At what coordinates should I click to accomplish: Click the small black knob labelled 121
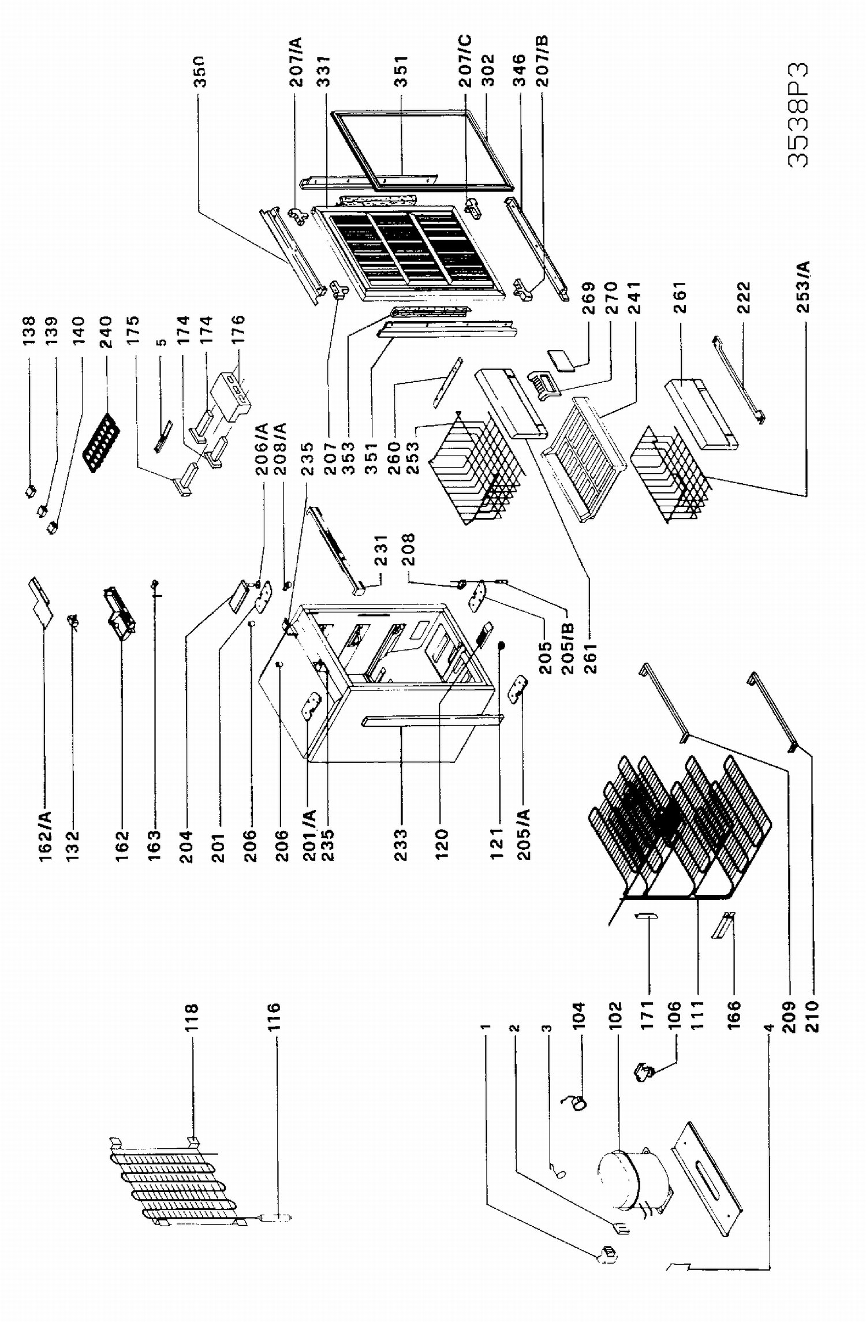pos(501,644)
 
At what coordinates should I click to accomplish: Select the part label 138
pos(29,330)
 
